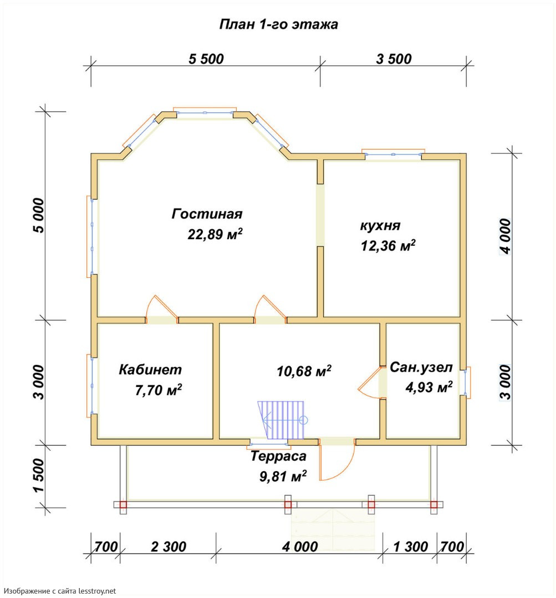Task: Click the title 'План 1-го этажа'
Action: point(278,24)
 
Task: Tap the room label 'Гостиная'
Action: point(207,214)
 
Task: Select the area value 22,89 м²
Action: point(215,234)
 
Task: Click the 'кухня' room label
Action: point(380,226)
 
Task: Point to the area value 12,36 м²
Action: point(389,245)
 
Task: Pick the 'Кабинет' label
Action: point(150,369)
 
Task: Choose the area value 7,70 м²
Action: point(159,390)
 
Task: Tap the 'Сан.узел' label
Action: point(421,367)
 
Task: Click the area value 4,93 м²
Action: point(429,387)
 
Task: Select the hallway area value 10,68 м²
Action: point(304,370)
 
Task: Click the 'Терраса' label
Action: point(278,456)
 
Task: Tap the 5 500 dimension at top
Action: point(206,59)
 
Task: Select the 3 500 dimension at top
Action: point(394,59)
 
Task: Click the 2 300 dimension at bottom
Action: point(169,547)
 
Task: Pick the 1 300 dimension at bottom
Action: point(411,547)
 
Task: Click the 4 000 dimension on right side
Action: point(505,236)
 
